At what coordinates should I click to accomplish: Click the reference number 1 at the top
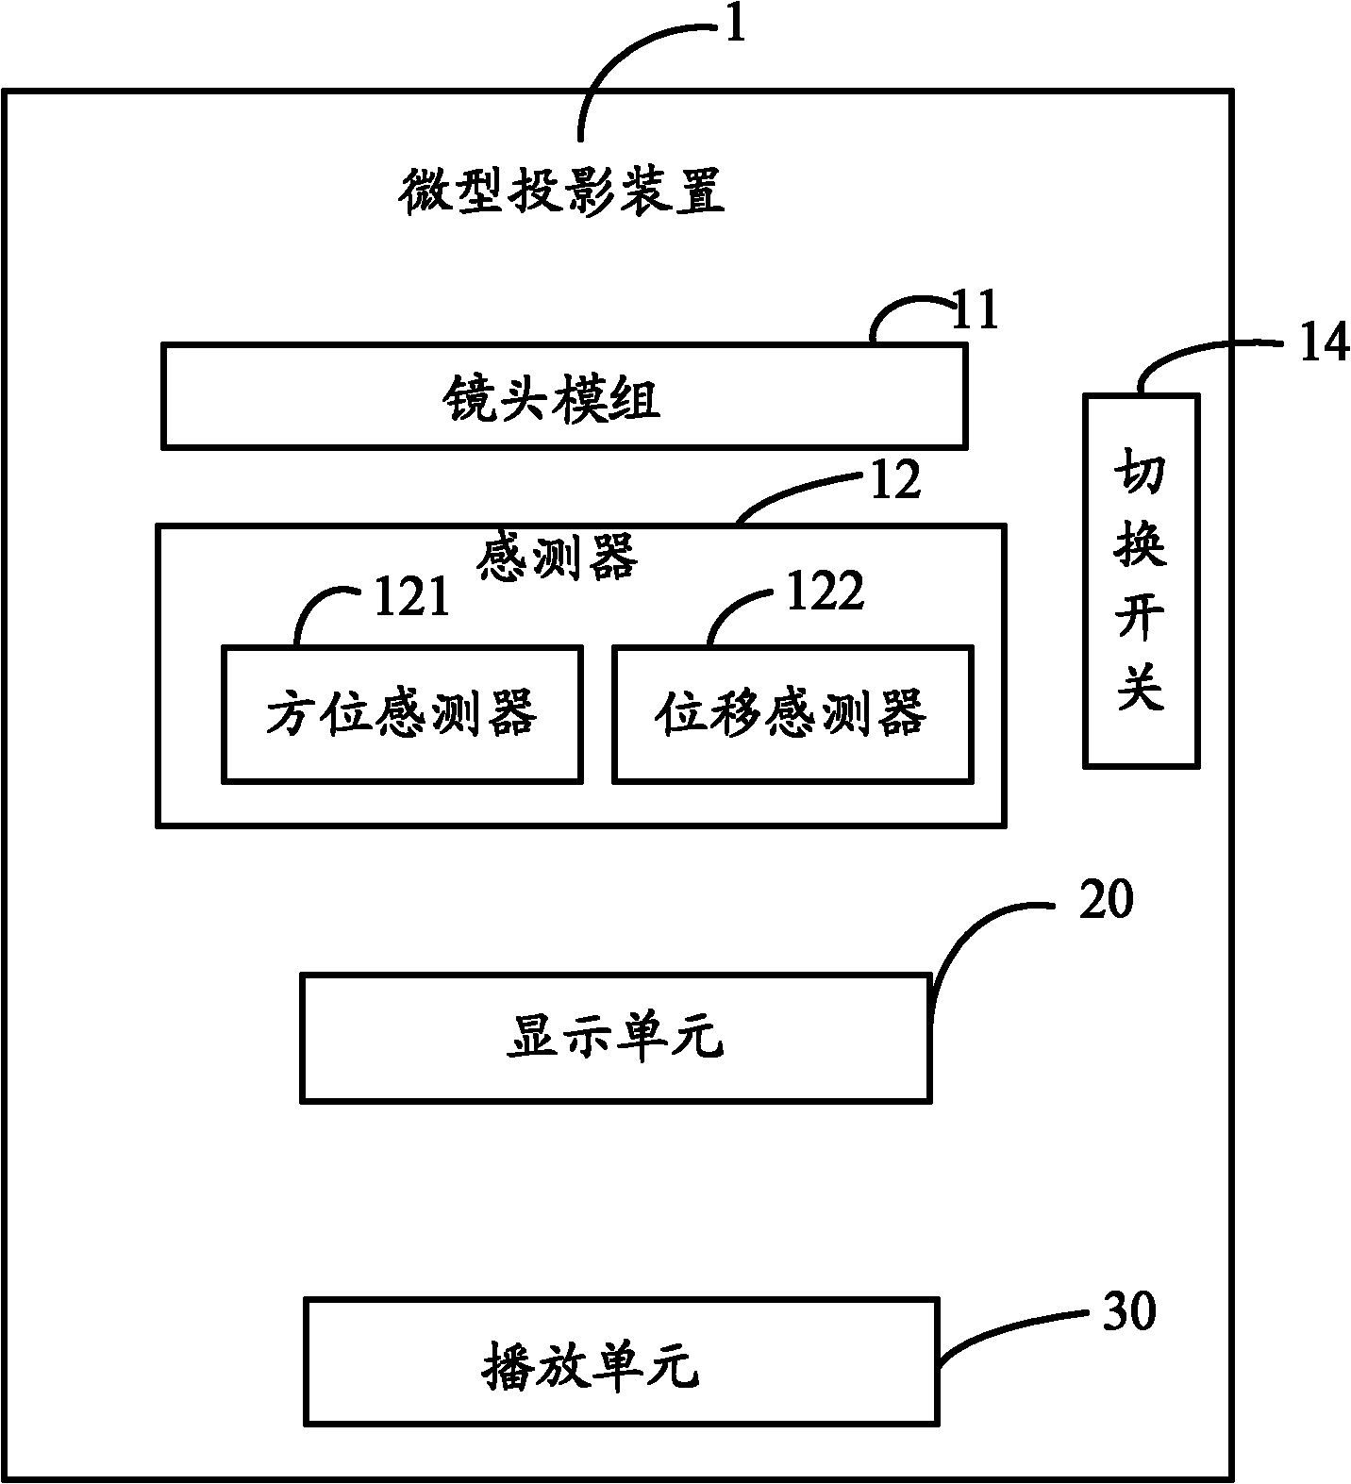(735, 25)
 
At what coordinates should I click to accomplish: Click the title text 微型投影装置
(562, 192)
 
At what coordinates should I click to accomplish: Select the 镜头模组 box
(563, 397)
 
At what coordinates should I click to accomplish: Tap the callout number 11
(975, 311)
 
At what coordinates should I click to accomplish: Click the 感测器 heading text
(558, 557)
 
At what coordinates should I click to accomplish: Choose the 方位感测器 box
(401, 713)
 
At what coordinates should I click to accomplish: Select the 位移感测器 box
(792, 713)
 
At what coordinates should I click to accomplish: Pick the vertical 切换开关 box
(1141, 580)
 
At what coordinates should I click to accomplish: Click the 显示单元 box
(615, 1038)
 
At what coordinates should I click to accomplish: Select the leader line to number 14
(1191, 354)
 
